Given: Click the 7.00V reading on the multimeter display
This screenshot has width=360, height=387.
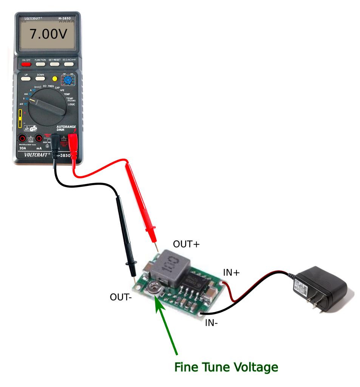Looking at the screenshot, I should coord(48,34).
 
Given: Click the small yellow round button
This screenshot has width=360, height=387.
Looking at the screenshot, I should coord(54,79).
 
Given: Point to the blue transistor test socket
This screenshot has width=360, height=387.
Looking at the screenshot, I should coord(68,80).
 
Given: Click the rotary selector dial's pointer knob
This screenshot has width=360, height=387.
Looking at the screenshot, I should coord(47,106).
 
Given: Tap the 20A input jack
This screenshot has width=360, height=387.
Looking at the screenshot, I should coord(23,138).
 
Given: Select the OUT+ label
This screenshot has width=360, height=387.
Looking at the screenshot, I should coord(186,244).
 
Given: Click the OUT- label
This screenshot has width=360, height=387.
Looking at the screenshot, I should coord(121,297).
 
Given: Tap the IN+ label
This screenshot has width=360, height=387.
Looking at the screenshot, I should coord(231,272).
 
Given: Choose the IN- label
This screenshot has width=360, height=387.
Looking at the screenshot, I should coord(212,323).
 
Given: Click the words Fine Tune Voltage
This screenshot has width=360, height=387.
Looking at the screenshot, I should coord(226,367).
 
